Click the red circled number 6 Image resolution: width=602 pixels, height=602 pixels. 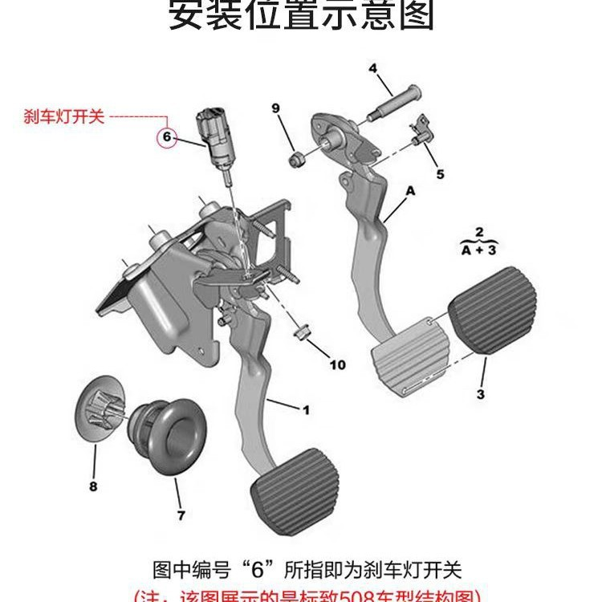click(167, 137)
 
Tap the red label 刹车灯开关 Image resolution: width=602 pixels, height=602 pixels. click(65, 117)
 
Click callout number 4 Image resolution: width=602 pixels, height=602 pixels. click(373, 68)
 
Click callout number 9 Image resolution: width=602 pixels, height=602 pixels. click(275, 108)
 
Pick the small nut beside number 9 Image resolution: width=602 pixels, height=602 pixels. click(295, 157)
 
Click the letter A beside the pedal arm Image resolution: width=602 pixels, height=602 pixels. click(411, 191)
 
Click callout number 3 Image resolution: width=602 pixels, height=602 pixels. click(480, 393)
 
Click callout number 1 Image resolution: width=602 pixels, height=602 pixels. click(305, 410)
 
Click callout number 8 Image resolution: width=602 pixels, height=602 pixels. click(92, 486)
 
